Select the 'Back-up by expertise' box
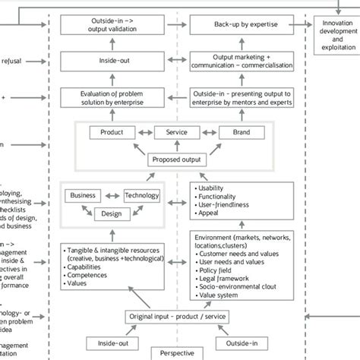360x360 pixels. pyautogui.click(x=235, y=25)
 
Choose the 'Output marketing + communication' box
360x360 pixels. pyautogui.click(x=235, y=61)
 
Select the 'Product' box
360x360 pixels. pyautogui.click(x=106, y=132)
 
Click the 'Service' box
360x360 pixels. pyautogui.click(x=171, y=132)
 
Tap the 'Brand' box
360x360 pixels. pyautogui.click(x=235, y=132)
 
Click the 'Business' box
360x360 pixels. pyautogui.click(x=84, y=195)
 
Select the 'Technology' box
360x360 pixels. pyautogui.click(x=142, y=195)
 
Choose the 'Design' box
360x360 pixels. pyautogui.click(x=111, y=213)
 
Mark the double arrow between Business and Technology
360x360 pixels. pyautogui.click(x=112, y=195)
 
